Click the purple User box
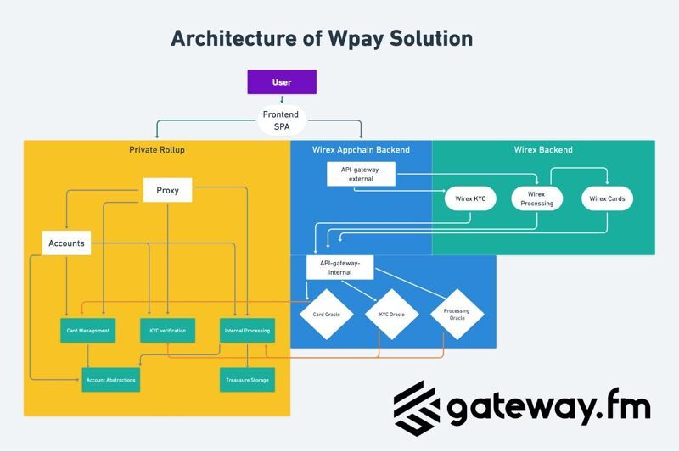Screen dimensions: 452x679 (x=282, y=82)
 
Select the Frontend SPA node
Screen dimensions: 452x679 (x=282, y=120)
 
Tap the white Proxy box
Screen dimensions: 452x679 (x=167, y=191)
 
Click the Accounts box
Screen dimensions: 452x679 (x=66, y=243)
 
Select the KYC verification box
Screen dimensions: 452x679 (x=167, y=330)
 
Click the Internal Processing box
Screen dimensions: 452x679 (x=245, y=330)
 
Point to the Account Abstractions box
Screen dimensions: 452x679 (x=110, y=380)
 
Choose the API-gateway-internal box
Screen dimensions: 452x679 (x=340, y=267)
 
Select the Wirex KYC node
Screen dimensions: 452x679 (x=469, y=199)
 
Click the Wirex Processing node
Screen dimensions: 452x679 (x=536, y=199)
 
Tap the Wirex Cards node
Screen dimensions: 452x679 (x=607, y=199)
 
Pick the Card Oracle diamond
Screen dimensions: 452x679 (x=326, y=315)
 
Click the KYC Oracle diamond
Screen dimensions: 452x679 (x=391, y=315)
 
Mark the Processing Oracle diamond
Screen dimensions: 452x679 (x=457, y=315)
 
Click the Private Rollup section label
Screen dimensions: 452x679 (x=156, y=150)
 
